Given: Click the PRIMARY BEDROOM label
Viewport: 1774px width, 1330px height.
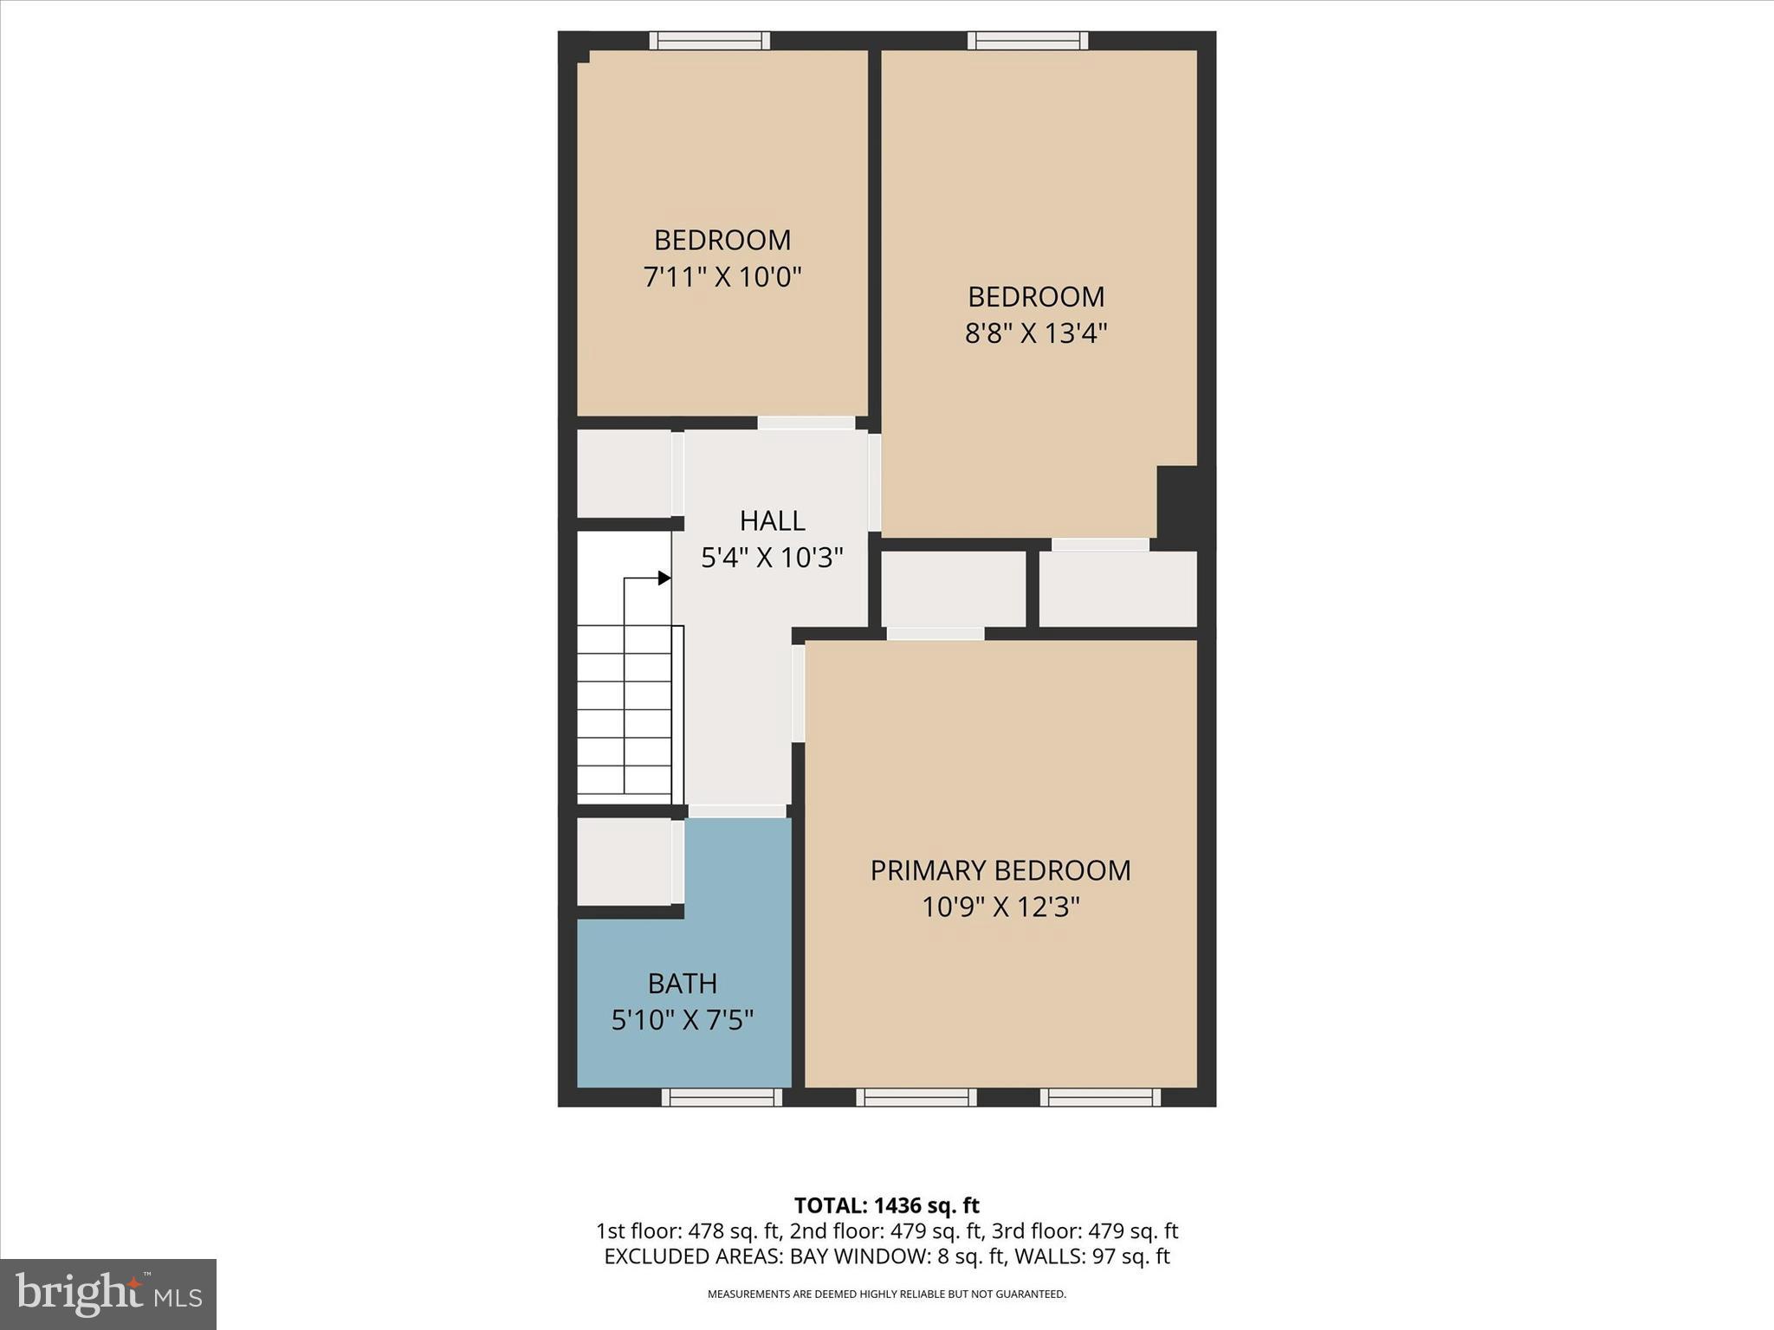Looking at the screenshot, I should pyautogui.click(x=1000, y=870).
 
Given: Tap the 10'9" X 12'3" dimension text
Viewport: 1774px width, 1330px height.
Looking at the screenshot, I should pyautogui.click(x=1000, y=907).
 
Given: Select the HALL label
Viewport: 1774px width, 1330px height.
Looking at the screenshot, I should pyautogui.click(x=772, y=520).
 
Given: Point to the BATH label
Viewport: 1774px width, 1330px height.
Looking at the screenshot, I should pyautogui.click(x=683, y=984).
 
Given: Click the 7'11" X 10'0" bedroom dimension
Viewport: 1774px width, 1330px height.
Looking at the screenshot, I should pyautogui.click(x=722, y=277).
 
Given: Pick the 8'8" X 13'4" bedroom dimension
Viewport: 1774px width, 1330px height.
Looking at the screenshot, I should pyautogui.click(x=1036, y=333).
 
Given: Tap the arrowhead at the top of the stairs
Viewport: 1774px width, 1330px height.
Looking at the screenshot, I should pyautogui.click(x=664, y=578).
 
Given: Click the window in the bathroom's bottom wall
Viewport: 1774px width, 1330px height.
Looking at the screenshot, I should pyautogui.click(x=722, y=1097).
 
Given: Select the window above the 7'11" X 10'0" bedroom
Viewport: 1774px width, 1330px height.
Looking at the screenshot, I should pyautogui.click(x=709, y=41).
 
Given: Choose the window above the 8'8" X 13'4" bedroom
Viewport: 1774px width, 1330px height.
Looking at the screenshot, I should pyautogui.click(x=1027, y=41).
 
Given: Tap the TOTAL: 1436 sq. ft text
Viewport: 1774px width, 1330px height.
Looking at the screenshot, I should pyautogui.click(x=886, y=1205).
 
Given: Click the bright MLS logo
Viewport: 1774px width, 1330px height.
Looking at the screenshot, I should pyautogui.click(x=108, y=1294).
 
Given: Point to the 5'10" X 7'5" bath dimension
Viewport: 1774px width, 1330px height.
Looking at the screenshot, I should pyautogui.click(x=683, y=1021).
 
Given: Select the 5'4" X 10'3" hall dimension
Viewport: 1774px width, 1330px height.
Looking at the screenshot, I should pyautogui.click(x=772, y=558).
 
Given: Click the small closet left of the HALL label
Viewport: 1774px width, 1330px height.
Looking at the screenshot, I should pyautogui.click(x=624, y=474).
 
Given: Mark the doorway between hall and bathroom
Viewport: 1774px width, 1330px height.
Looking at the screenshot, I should pyautogui.click(x=737, y=811).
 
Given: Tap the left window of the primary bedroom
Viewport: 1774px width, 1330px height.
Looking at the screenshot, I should pyautogui.click(x=916, y=1097).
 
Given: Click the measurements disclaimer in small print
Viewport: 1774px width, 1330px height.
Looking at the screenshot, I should pyautogui.click(x=886, y=1294).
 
